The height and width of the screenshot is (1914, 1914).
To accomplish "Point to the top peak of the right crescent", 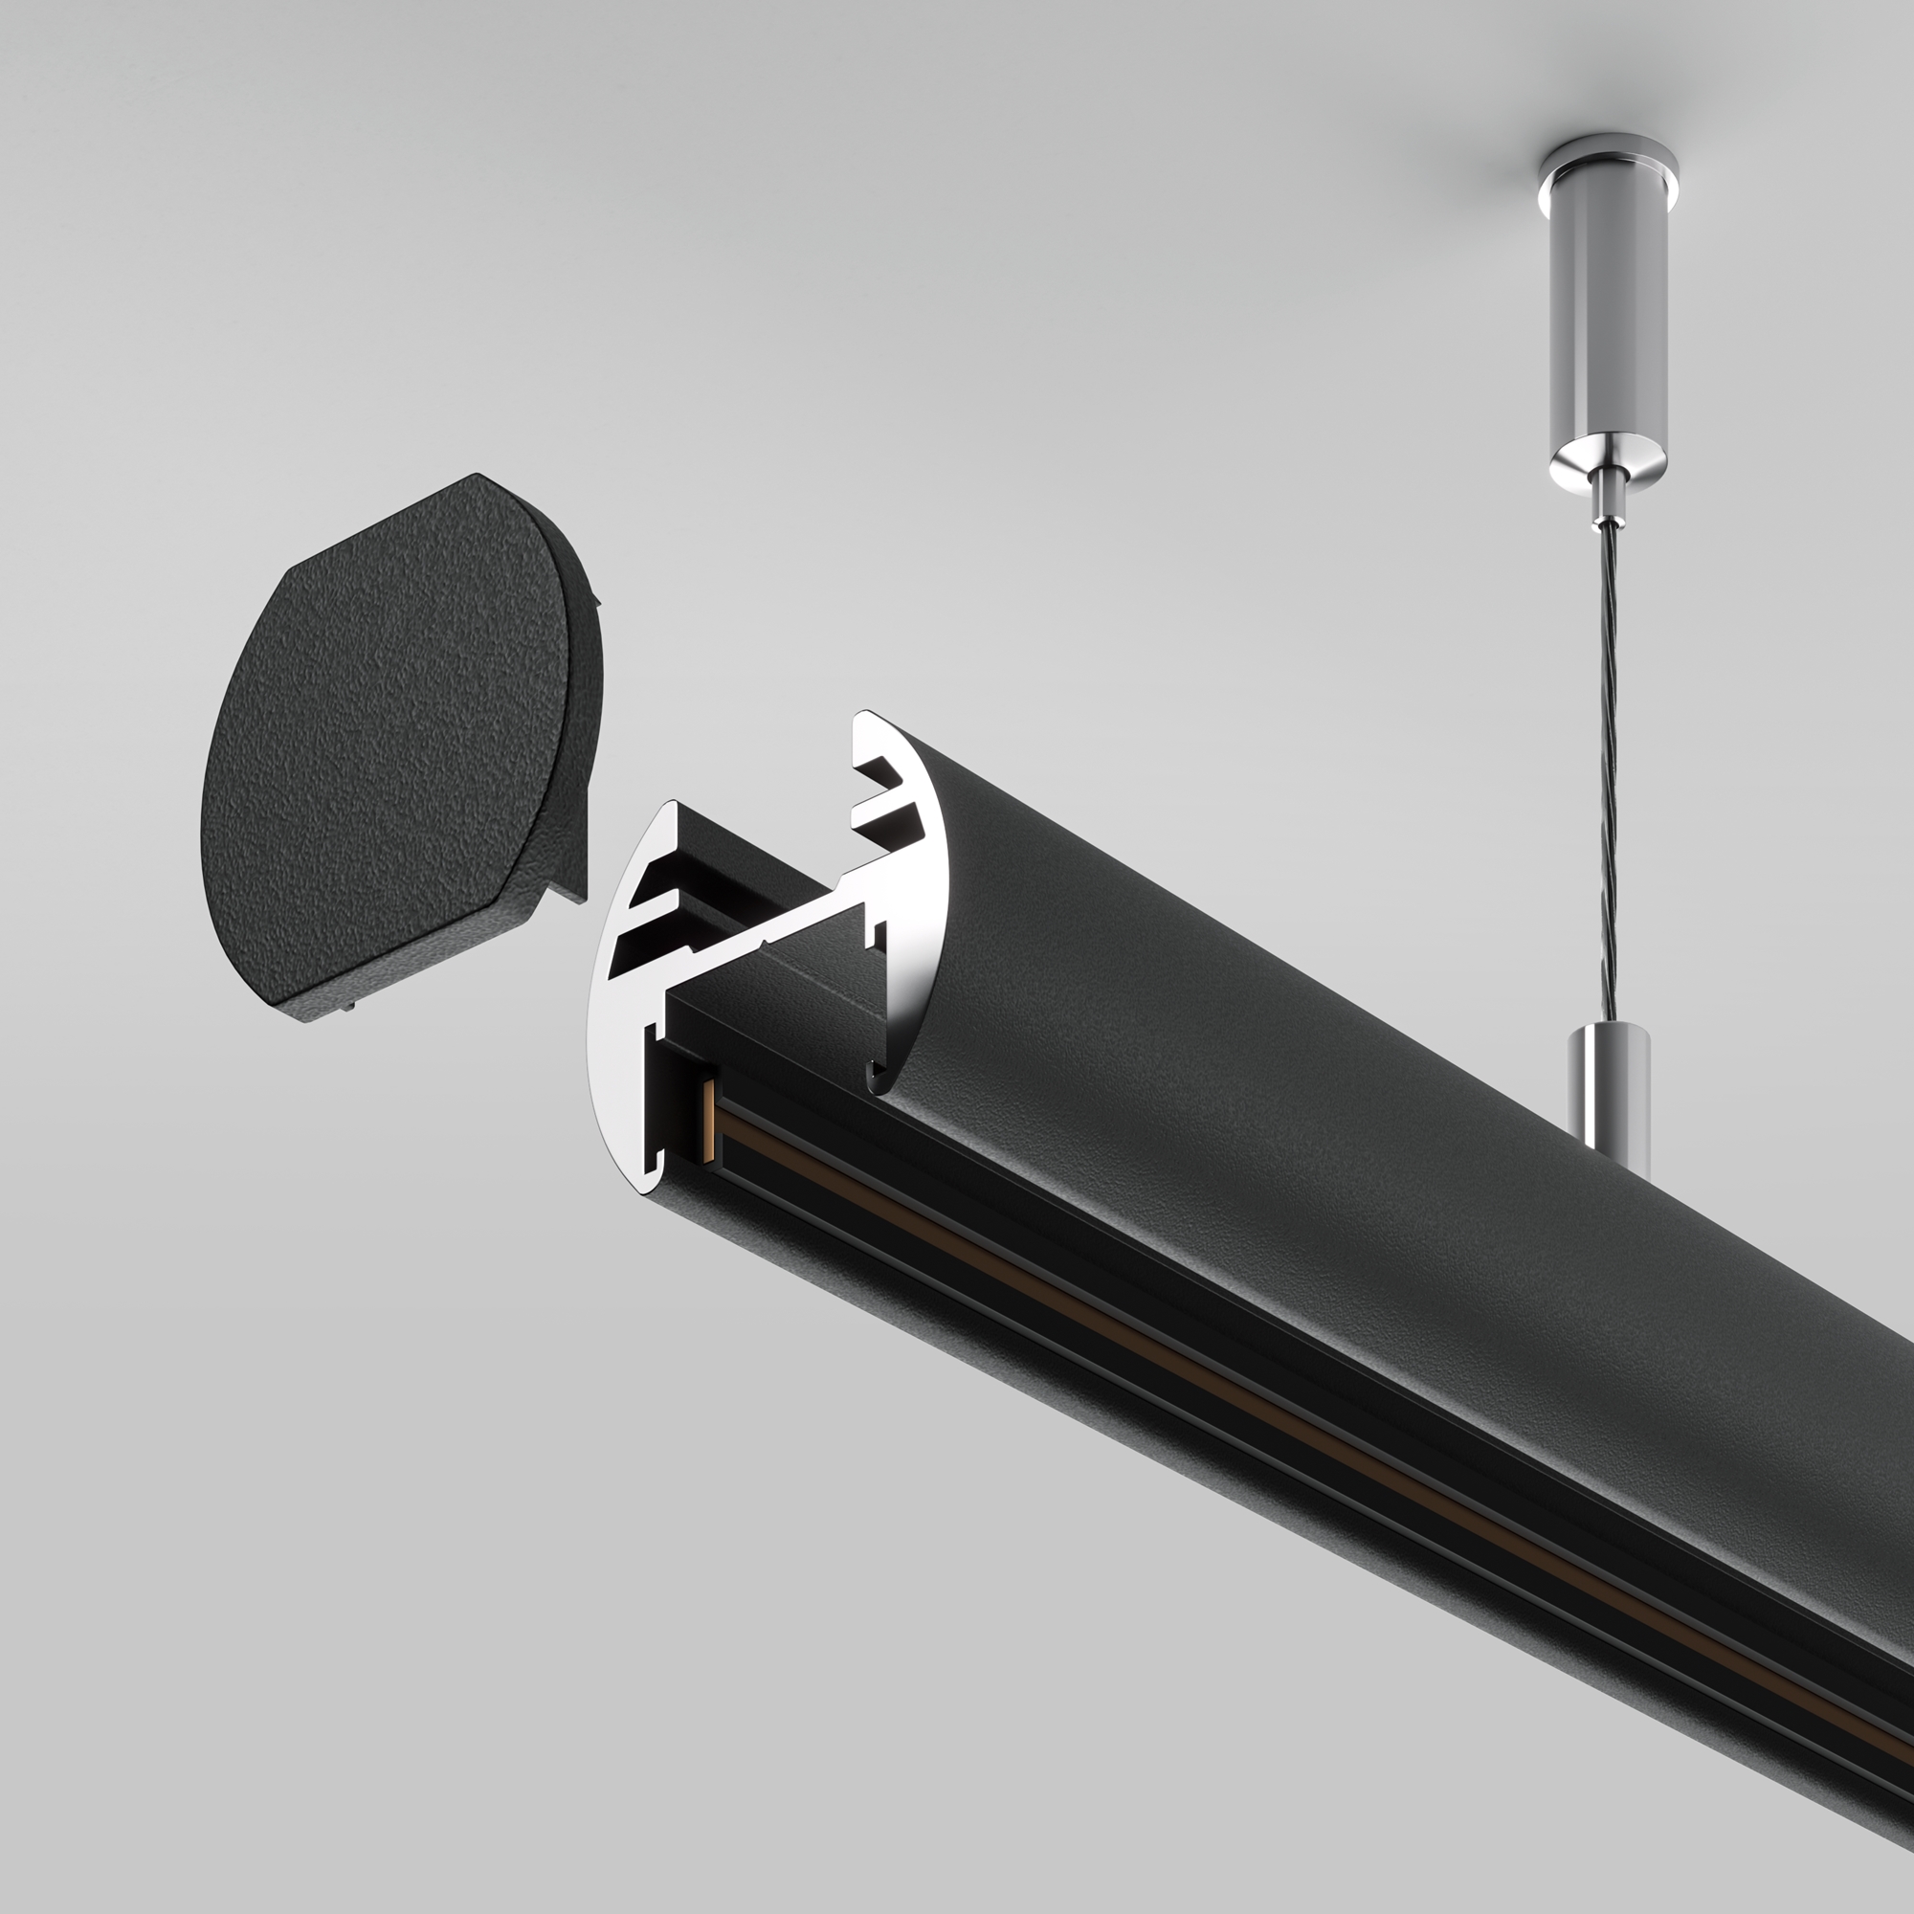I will point(865,715).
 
